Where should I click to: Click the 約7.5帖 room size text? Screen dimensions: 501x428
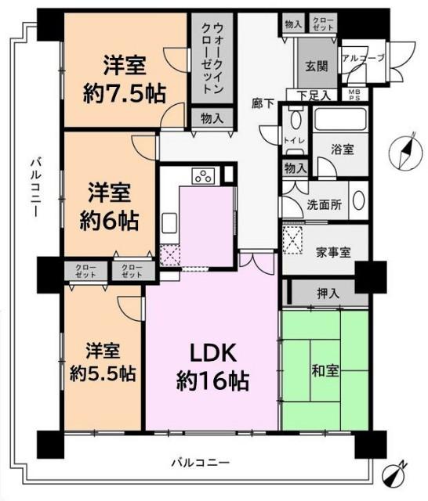(x=124, y=93)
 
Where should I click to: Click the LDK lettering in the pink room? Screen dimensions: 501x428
(x=211, y=352)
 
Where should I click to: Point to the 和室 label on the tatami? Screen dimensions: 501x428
(x=324, y=370)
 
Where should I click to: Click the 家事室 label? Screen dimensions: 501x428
(x=332, y=252)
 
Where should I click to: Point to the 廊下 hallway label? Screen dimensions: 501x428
(x=261, y=102)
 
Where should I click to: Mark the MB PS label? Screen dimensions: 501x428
(x=355, y=95)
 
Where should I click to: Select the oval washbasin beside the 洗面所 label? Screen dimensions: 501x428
(x=357, y=200)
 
